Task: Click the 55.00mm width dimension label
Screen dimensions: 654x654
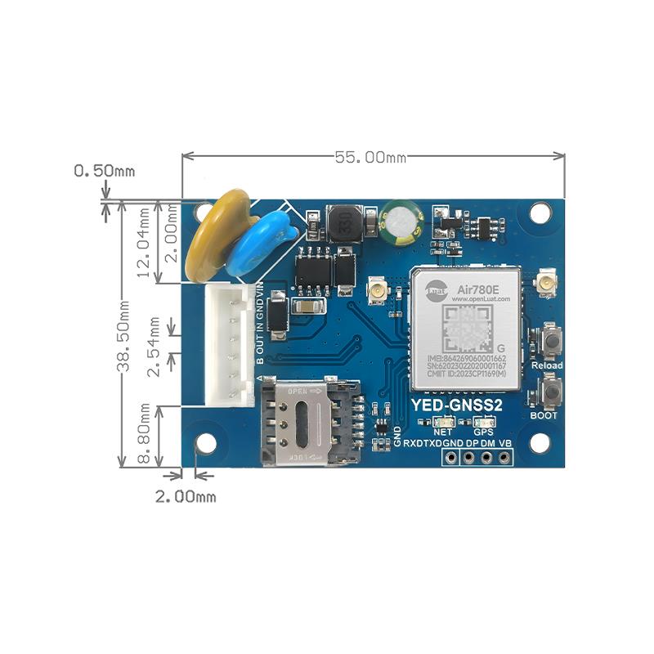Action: [370, 157]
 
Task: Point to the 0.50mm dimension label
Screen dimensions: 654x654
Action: [104, 171]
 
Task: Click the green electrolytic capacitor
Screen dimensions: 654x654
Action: [399, 222]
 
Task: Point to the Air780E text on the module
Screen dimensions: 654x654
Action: [477, 289]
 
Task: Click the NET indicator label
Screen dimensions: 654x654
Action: [443, 431]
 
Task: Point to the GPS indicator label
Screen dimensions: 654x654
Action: [484, 431]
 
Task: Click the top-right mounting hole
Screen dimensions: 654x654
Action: [539, 212]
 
